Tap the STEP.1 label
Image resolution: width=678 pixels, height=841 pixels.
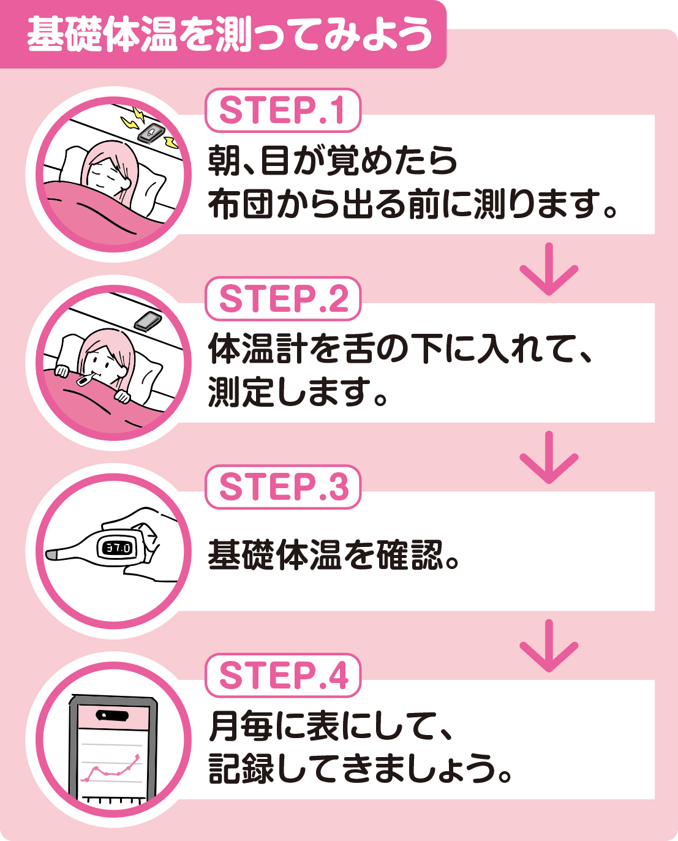pyautogui.click(x=282, y=111)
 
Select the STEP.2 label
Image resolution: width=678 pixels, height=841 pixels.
pyautogui.click(x=282, y=299)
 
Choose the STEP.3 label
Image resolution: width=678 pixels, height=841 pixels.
pyautogui.click(x=282, y=487)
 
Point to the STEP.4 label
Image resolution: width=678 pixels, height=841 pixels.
pyautogui.click(x=282, y=675)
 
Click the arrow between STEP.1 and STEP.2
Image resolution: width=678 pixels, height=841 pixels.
pyautogui.click(x=548, y=270)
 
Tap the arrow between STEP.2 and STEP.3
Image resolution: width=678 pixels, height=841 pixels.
pyautogui.click(x=548, y=458)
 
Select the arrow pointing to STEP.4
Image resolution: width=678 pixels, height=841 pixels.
pyautogui.click(x=548, y=646)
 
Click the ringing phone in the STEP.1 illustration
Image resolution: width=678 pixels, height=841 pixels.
pyautogui.click(x=151, y=132)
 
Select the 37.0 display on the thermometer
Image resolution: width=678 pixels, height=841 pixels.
pyautogui.click(x=117, y=548)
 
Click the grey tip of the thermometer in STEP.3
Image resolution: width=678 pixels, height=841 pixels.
pyautogui.click(x=53, y=554)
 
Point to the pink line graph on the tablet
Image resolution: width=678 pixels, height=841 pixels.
pyautogui.click(x=110, y=769)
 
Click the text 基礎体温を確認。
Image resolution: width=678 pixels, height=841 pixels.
pyautogui.click(x=334, y=554)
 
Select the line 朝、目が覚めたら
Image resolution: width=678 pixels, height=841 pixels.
pyautogui.click(x=333, y=160)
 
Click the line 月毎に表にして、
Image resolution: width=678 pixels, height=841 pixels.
pyautogui.click(x=331, y=726)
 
